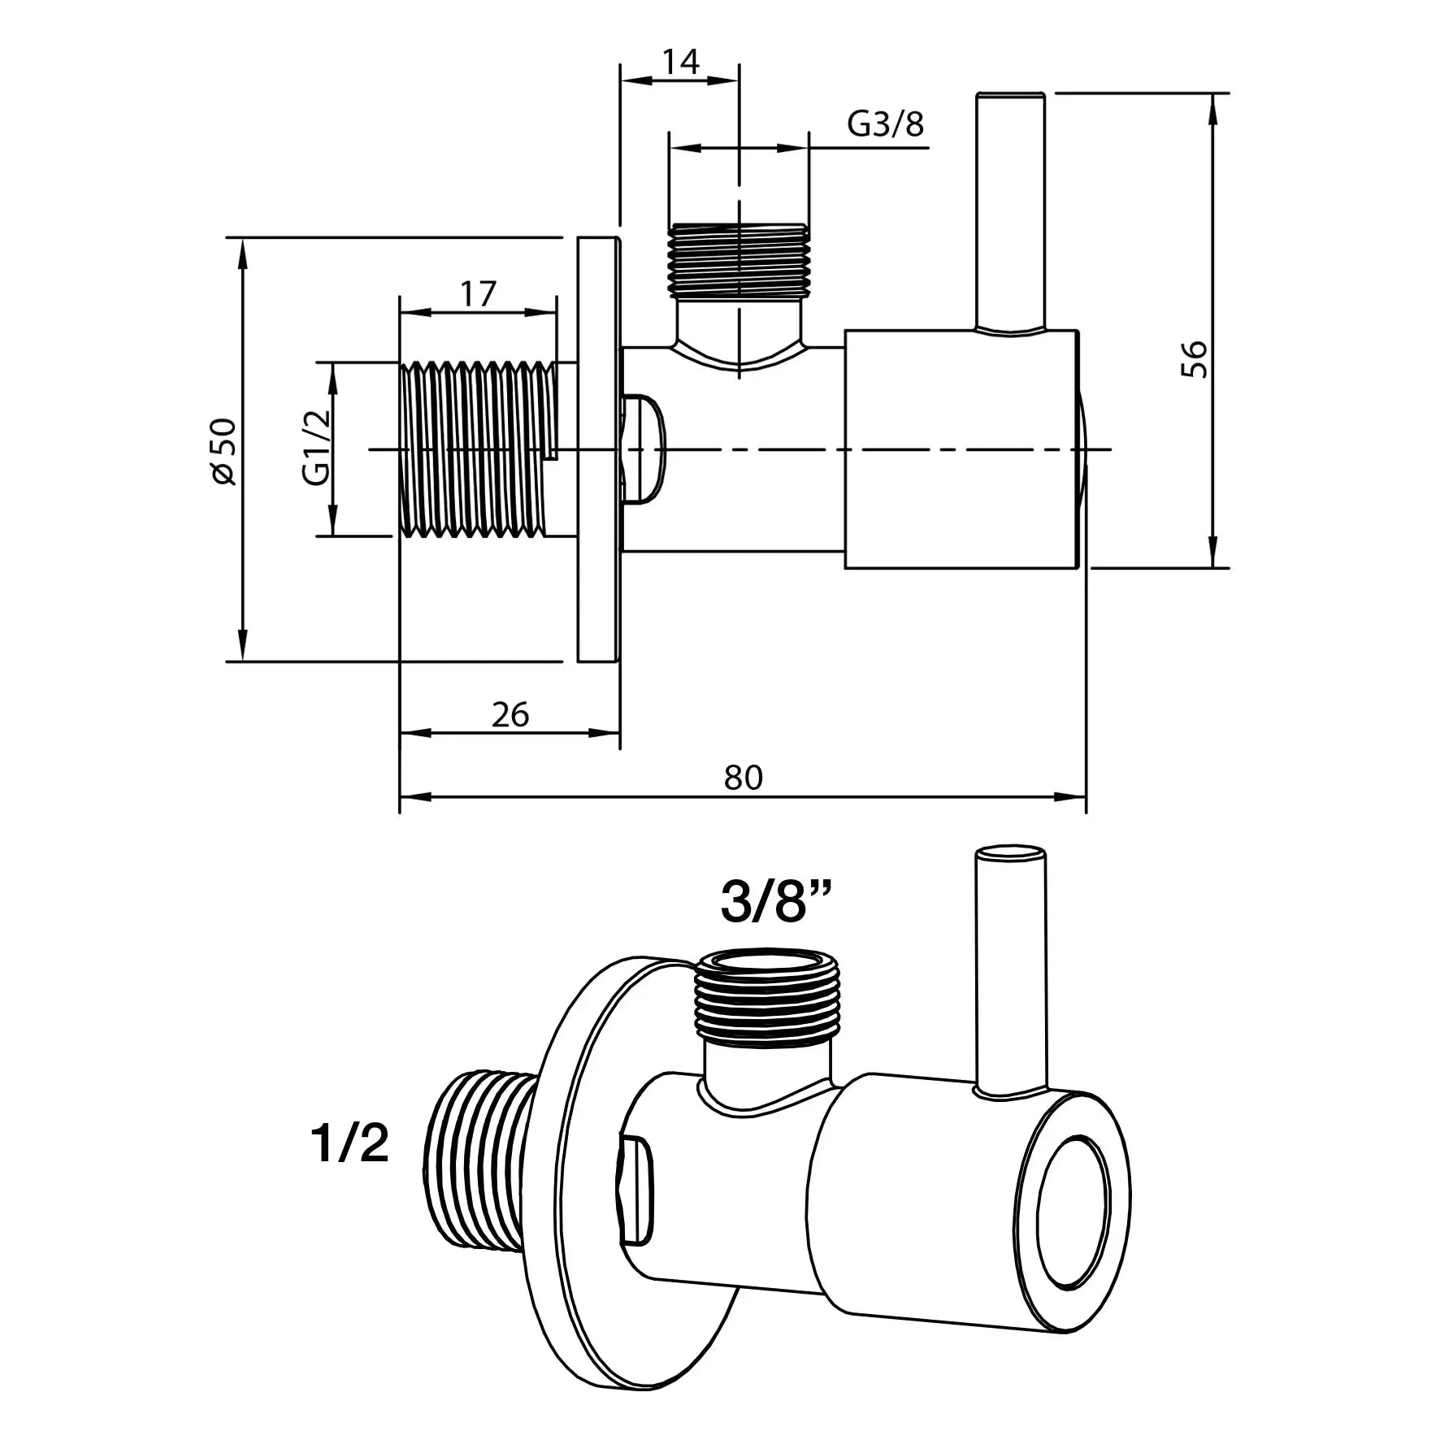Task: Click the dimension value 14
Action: pyautogui.click(x=680, y=62)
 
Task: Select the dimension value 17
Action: pyautogui.click(x=478, y=293)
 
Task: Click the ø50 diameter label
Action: pyautogui.click(x=223, y=451)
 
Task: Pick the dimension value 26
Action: pyautogui.click(x=510, y=714)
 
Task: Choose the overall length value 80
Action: pyautogui.click(x=743, y=778)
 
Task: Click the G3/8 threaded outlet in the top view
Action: pyautogui.click(x=739, y=258)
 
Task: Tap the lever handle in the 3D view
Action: pyautogui.click(x=1010, y=967)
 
